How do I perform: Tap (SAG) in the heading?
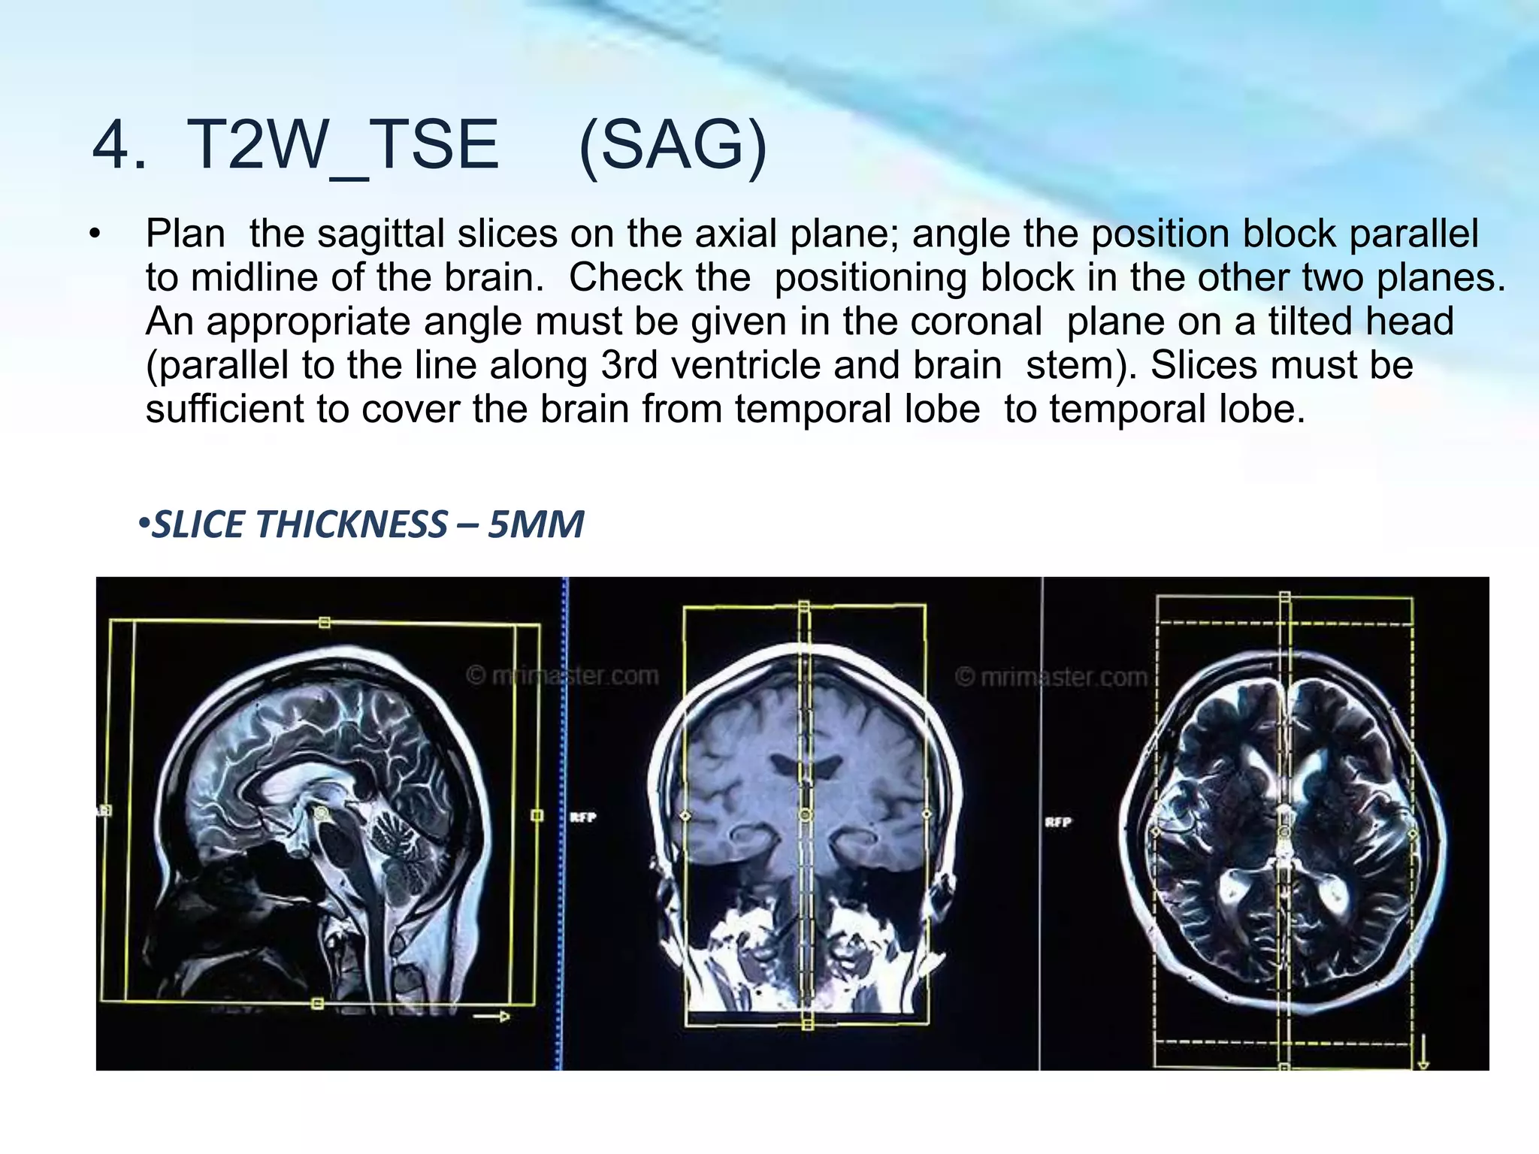(x=673, y=146)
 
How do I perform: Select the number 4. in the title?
(x=119, y=146)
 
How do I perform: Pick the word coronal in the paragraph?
(x=976, y=322)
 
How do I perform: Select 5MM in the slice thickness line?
(x=536, y=524)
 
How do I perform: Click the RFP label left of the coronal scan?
(x=582, y=817)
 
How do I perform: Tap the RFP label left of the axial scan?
(x=1057, y=822)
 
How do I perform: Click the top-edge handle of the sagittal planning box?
(x=325, y=622)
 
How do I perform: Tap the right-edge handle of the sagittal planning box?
(x=537, y=815)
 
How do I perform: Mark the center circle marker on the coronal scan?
(x=805, y=814)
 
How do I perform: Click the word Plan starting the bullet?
(x=185, y=234)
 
